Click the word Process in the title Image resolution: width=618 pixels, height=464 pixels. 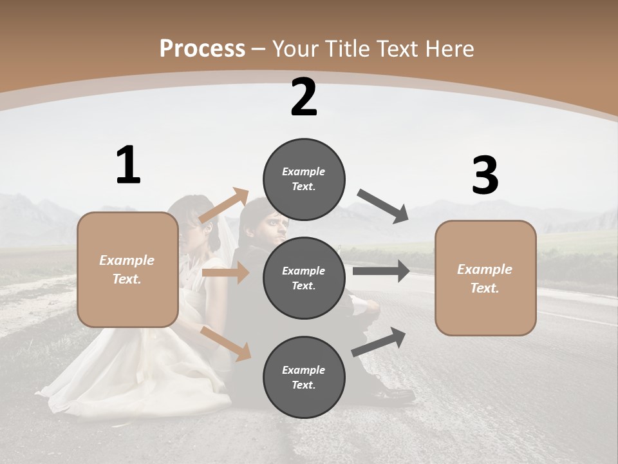click(202, 49)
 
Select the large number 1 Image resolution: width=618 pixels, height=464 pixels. click(128, 166)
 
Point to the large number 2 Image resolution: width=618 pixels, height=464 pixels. click(304, 97)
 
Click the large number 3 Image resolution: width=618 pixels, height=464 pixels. click(485, 175)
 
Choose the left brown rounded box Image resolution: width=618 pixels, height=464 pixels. click(127, 269)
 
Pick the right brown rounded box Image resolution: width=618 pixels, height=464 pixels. click(485, 278)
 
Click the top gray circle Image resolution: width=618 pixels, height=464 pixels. click(304, 179)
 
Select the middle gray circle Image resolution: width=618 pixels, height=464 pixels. click(304, 278)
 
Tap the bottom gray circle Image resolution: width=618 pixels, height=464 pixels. click(304, 377)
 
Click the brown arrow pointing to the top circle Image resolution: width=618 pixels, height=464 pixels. click(225, 206)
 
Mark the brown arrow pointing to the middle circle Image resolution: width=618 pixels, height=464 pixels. click(225, 273)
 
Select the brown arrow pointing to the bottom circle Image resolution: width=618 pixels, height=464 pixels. click(225, 343)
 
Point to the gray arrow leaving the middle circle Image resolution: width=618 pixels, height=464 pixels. click(381, 271)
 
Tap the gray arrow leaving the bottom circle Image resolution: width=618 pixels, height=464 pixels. click(379, 342)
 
